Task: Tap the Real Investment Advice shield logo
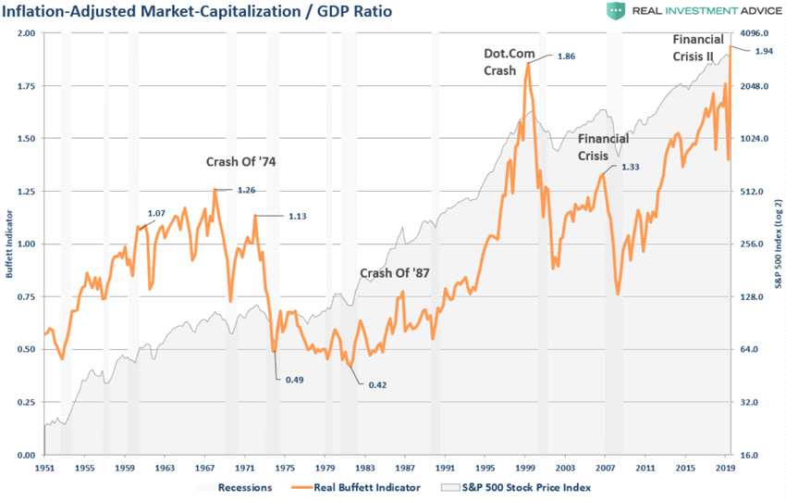coord(616,12)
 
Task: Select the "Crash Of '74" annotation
coord(240,161)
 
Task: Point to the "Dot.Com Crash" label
coord(506,61)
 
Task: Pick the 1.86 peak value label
coord(567,56)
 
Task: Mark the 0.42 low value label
coord(377,384)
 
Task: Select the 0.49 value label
coord(295,380)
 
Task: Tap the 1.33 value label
coord(631,167)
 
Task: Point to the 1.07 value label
coord(157,213)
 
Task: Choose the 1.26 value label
coord(246,191)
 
